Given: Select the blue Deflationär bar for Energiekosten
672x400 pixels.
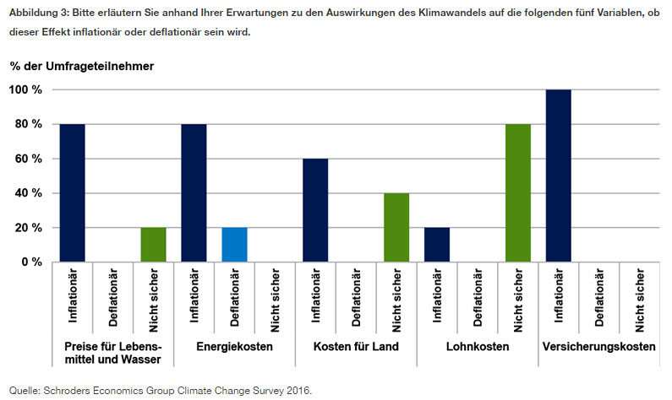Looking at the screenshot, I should [x=235, y=245].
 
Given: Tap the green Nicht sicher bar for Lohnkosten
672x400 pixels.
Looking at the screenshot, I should [x=518, y=193].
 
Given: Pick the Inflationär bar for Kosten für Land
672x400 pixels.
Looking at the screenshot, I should [x=315, y=210].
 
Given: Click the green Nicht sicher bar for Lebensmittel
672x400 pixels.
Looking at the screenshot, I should [x=153, y=245].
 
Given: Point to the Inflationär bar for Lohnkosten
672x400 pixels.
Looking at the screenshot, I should [x=437, y=245].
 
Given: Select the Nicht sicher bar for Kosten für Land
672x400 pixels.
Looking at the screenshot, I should [x=396, y=228].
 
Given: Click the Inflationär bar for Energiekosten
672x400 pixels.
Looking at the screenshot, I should [x=194, y=193].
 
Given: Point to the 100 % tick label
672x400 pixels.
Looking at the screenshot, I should [x=26, y=89].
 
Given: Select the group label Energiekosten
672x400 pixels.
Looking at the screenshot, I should [x=234, y=348].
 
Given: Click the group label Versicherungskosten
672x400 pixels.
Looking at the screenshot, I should [x=599, y=348].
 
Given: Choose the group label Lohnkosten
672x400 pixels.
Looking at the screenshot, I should [x=478, y=348].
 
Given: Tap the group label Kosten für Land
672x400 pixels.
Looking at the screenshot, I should [x=356, y=348].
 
